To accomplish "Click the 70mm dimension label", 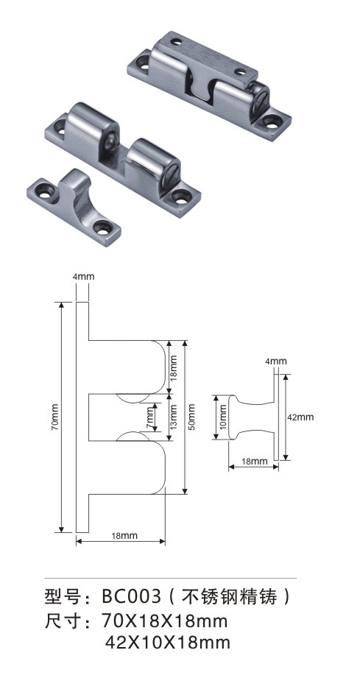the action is (54, 417).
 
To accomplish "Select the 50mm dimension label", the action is (191, 417).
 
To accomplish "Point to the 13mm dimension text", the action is (174, 417).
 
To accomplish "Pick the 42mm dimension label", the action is (302, 417).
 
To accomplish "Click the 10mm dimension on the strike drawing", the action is (223, 417).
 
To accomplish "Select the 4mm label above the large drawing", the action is (83, 277).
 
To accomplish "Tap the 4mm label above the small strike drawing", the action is (276, 361).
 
